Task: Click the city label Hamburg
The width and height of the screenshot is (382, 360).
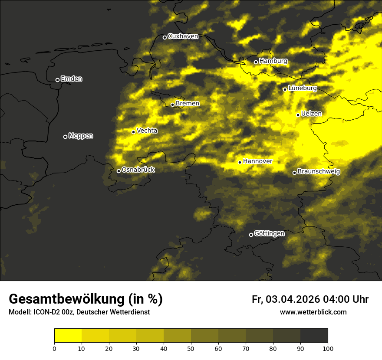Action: click(x=273, y=61)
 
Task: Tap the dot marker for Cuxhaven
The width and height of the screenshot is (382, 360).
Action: click(x=165, y=37)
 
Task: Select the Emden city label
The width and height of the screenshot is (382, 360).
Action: click(x=71, y=79)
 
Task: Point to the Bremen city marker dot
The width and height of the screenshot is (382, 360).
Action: click(x=172, y=105)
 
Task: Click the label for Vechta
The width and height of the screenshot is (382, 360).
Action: click(x=147, y=131)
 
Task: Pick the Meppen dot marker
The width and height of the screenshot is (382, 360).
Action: click(x=65, y=137)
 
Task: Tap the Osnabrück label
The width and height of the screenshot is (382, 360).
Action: click(x=138, y=170)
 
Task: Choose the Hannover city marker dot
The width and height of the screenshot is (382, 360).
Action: click(x=240, y=162)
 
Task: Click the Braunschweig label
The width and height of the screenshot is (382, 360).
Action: click(x=319, y=171)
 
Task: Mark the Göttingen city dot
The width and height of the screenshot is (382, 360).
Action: click(x=251, y=235)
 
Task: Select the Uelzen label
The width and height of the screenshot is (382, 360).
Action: click(x=311, y=114)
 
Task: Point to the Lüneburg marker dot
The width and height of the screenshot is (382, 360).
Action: click(x=285, y=89)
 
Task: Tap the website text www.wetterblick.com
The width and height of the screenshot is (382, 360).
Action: click(x=313, y=312)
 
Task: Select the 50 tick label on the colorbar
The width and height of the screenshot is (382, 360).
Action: click(x=191, y=348)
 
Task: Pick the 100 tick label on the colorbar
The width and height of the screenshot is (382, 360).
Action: click(x=328, y=348)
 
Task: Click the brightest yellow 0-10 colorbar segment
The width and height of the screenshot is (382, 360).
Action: click(x=68, y=336)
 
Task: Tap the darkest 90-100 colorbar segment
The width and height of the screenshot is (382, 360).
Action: click(x=314, y=336)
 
